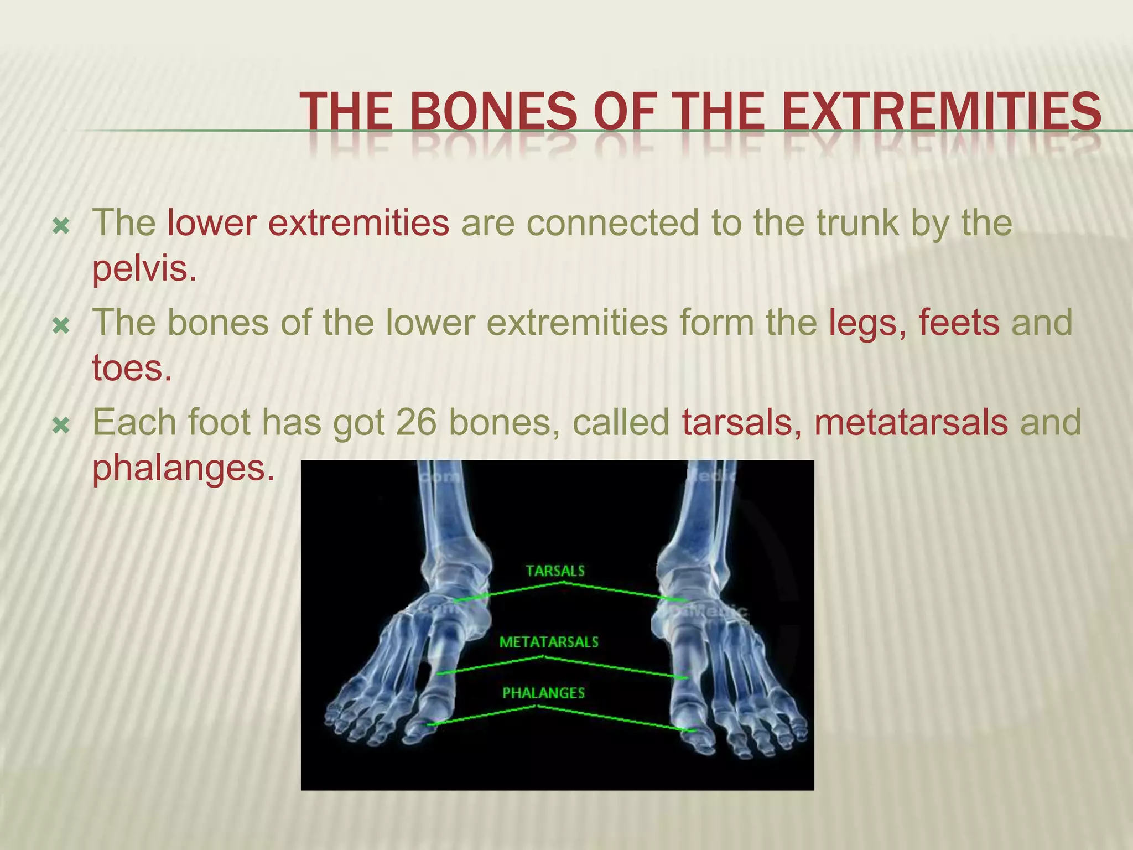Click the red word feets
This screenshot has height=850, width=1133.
[959, 323]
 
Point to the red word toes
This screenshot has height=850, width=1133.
[132, 368]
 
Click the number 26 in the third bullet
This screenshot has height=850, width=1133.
[415, 423]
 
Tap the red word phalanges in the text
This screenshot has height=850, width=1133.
[183, 468]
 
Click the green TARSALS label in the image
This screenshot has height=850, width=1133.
[555, 571]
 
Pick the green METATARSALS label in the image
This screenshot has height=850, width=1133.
[549, 642]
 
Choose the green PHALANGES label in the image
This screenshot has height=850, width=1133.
[543, 693]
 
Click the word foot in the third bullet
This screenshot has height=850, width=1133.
[219, 423]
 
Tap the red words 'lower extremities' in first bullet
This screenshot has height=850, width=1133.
[308, 223]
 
